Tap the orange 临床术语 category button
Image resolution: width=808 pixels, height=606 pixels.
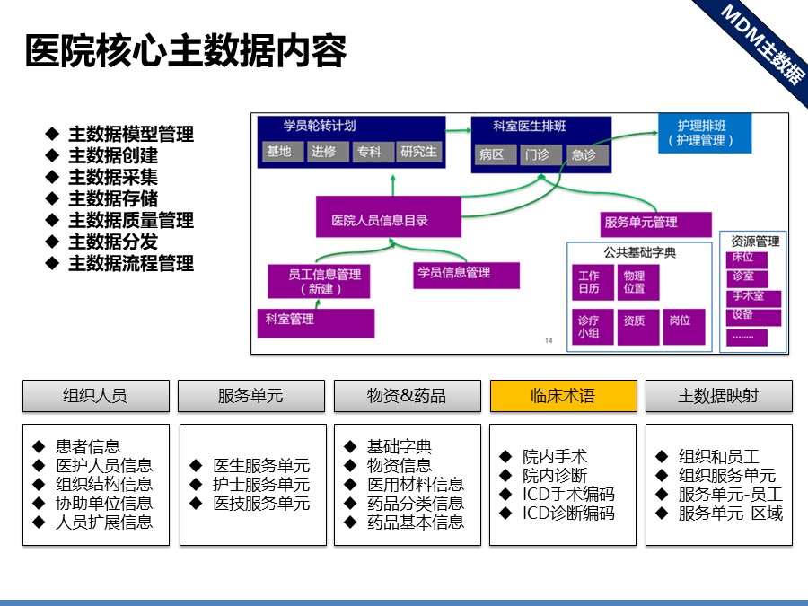tap(563, 396)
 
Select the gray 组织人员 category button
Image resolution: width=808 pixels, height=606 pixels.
tap(95, 396)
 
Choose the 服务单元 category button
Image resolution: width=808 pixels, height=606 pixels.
tap(250, 396)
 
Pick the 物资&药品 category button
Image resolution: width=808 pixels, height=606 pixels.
tap(407, 396)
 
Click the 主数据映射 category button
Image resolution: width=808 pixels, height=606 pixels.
tap(718, 396)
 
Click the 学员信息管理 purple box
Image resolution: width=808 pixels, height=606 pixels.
tap(466, 274)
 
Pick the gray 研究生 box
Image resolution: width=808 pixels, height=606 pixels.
tap(419, 152)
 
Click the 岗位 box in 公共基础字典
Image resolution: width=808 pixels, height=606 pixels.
tap(680, 321)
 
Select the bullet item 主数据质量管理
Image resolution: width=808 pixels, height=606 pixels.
tap(131, 221)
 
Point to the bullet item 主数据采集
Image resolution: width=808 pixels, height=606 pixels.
tap(113, 178)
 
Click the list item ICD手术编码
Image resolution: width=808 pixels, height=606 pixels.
tap(569, 495)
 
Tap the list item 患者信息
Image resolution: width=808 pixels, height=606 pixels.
tap(88, 446)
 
